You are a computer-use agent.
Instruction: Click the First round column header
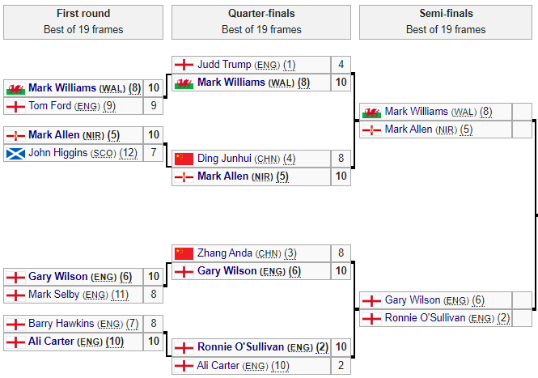pos(83,22)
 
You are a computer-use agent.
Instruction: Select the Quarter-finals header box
pos(261,22)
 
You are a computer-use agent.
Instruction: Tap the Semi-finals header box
pos(446,22)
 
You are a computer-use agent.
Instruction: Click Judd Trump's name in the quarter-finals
pos(226,65)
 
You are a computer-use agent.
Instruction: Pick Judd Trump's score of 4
pos(341,65)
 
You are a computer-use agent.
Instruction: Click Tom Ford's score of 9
pos(154,106)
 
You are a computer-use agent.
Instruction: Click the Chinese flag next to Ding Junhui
pos(184,159)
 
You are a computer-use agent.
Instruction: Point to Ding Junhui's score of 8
pos(341,159)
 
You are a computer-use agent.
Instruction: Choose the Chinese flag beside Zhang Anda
pos(184,253)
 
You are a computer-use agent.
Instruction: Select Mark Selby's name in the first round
pos(54,295)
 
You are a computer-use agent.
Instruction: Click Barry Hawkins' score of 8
pos(154,324)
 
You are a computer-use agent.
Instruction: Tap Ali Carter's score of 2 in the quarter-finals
pos(341,366)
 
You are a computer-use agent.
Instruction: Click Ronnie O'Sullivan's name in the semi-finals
pos(427,318)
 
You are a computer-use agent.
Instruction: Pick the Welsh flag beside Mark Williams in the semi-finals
pos(371,112)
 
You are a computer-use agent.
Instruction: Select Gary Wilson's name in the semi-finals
pos(413,300)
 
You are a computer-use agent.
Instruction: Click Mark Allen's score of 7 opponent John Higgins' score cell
pos(154,153)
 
